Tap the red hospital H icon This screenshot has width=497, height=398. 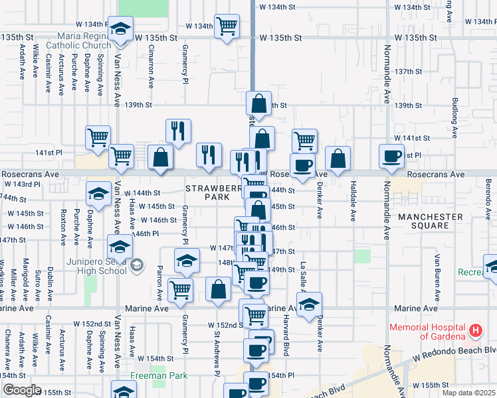[476, 330]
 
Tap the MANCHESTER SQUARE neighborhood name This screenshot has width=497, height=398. [431, 222]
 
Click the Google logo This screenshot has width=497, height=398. [21, 390]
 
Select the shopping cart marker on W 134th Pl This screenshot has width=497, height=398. [227, 27]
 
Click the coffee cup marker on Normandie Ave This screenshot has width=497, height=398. [391, 157]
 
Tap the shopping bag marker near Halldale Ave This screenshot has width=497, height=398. [338, 159]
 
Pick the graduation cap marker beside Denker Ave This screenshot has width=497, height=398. [309, 304]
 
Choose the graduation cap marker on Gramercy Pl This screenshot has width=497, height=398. [187, 261]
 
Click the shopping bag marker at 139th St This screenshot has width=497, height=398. [258, 103]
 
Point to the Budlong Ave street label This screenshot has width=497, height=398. [455, 118]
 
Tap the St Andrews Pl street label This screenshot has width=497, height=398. [217, 358]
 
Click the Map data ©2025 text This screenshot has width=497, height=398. [468, 393]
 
